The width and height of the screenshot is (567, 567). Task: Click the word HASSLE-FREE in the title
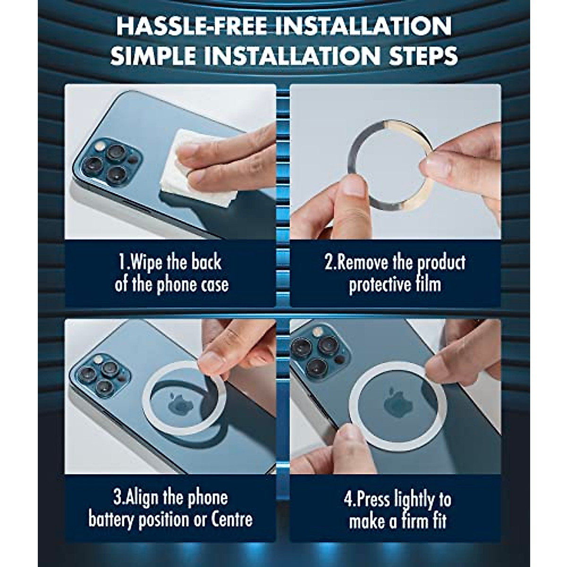(x=190, y=27)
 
